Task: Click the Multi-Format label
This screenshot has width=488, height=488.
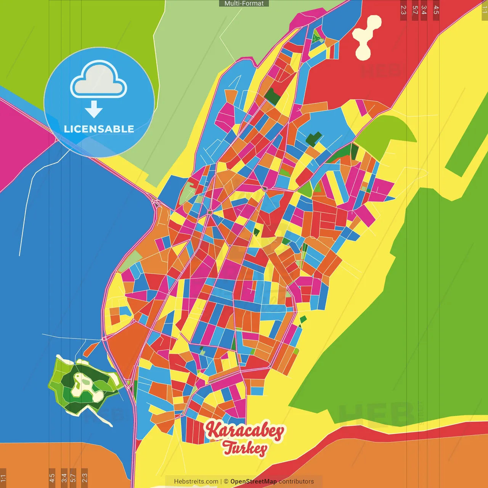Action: click(244, 3)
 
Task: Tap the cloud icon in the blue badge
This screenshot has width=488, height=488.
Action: click(99, 79)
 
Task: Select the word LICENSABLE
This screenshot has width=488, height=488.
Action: click(99, 129)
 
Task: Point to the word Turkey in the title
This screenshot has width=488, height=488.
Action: click(245, 448)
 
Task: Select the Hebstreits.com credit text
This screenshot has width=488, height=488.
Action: click(196, 482)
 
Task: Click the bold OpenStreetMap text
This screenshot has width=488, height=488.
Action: click(253, 482)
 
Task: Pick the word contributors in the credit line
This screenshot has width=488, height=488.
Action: click(296, 482)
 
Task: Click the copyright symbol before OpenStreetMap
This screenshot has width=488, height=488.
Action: click(226, 482)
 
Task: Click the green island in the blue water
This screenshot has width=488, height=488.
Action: click(82, 385)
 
